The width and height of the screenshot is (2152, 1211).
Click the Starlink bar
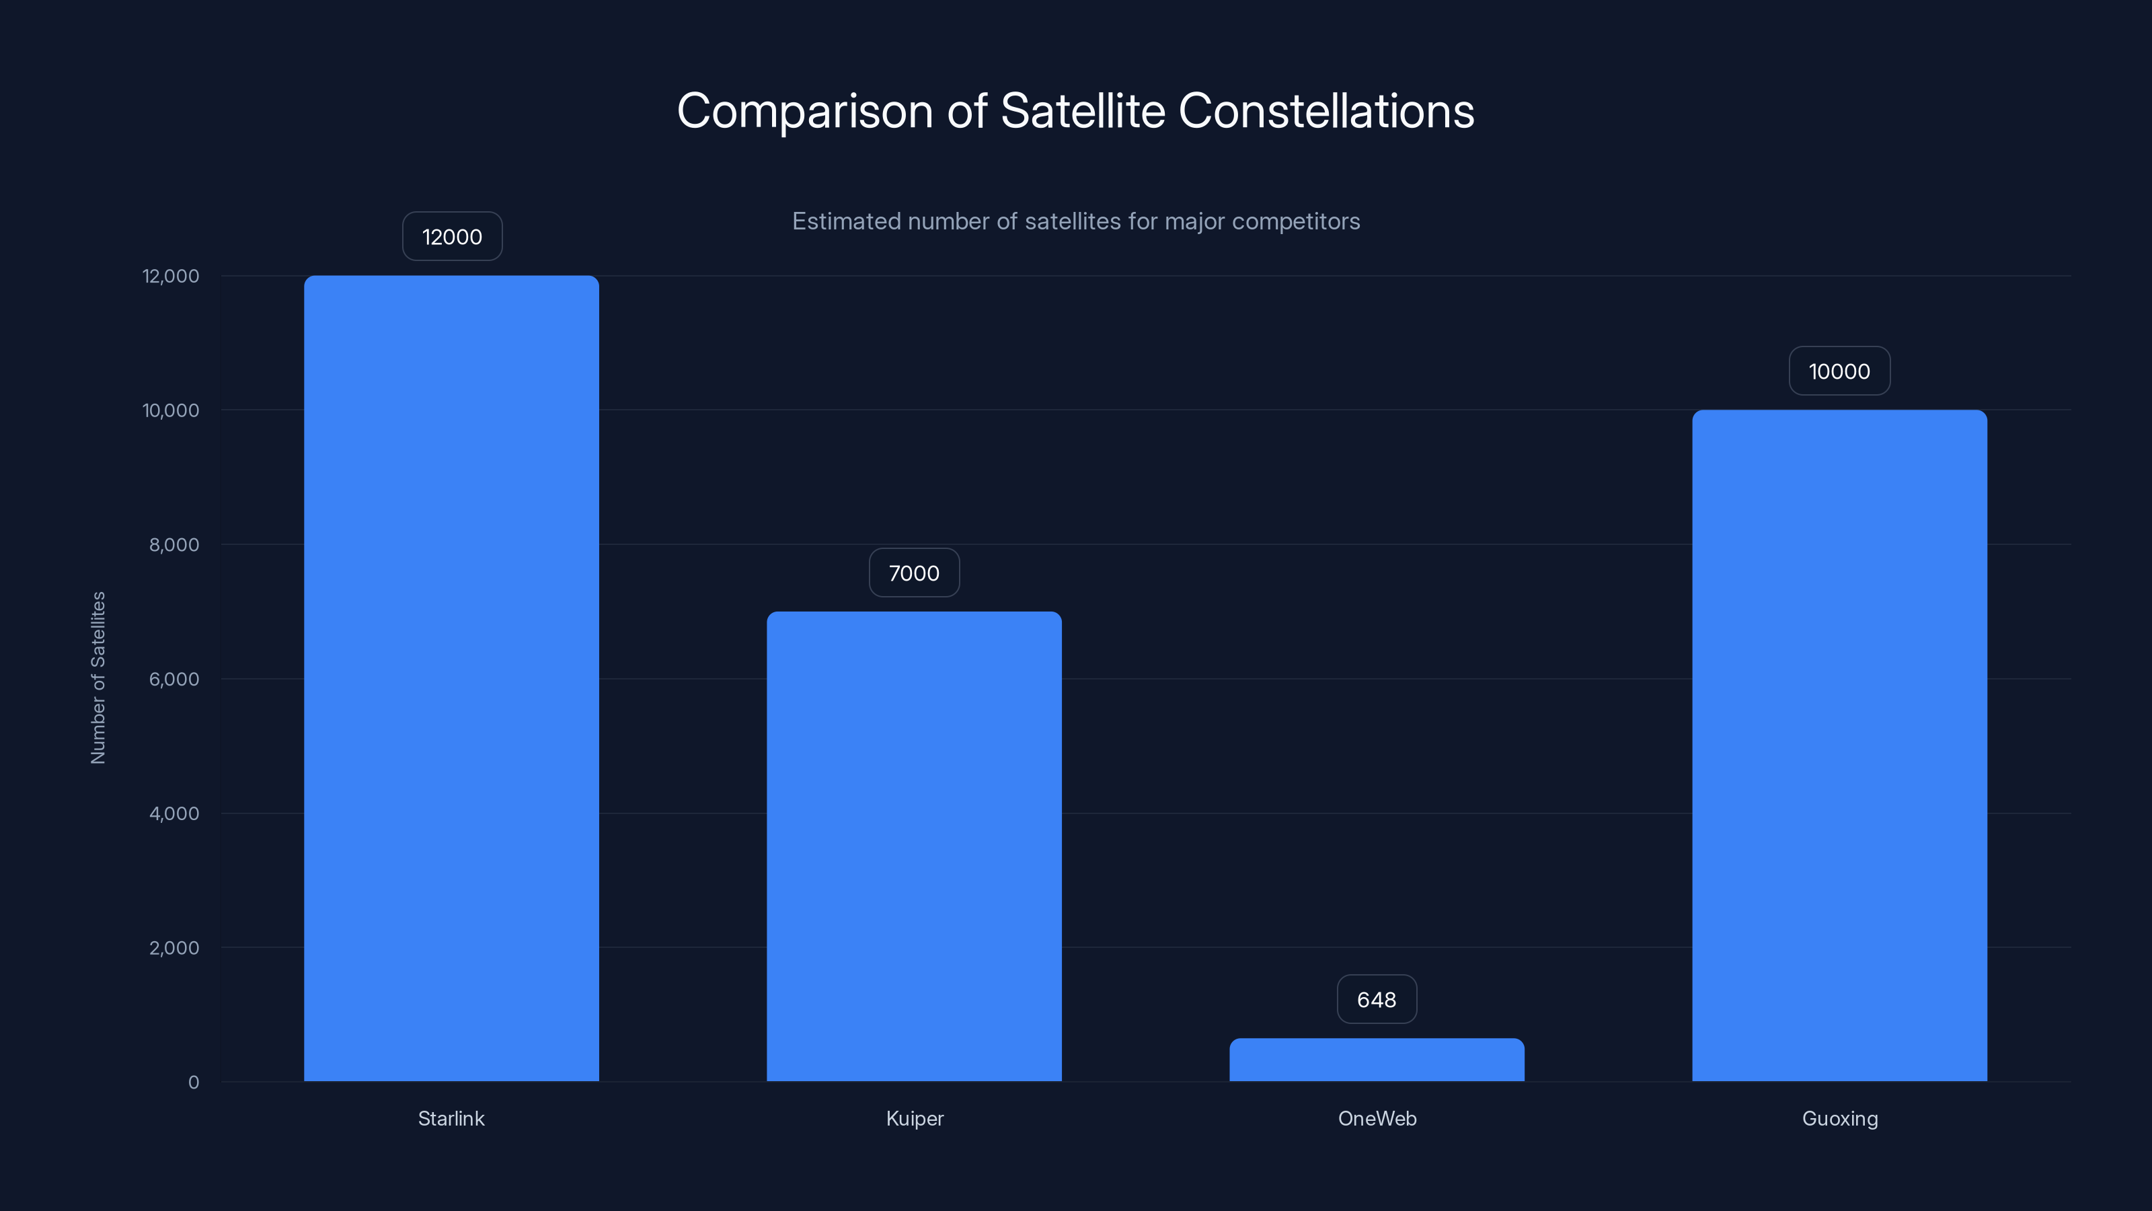[x=451, y=677]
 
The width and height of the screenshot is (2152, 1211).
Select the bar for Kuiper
[x=914, y=846]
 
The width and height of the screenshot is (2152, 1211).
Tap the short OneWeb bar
[x=1377, y=1060]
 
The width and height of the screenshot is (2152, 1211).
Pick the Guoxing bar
[x=1839, y=745]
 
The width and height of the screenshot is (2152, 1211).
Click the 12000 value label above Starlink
[x=452, y=237]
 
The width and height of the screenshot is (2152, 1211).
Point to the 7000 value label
[x=914, y=573]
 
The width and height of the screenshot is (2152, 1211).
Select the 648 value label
[x=1377, y=1000]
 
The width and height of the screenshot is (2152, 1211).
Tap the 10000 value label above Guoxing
[x=1839, y=371]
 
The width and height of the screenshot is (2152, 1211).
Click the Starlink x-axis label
[x=451, y=1118]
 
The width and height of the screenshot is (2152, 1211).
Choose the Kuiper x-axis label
[x=915, y=1118]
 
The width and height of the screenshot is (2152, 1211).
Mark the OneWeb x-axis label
[x=1377, y=1118]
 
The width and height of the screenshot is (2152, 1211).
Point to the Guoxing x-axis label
[x=1839, y=1118]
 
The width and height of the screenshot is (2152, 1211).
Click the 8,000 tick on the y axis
[x=174, y=545]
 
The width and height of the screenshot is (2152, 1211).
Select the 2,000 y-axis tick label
[x=174, y=948]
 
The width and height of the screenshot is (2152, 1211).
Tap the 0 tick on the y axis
[x=194, y=1082]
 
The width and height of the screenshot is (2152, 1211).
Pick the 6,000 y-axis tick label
[x=174, y=680]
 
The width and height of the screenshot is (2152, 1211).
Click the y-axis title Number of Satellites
[x=98, y=677]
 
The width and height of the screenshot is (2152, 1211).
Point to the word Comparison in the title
[x=804, y=112]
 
